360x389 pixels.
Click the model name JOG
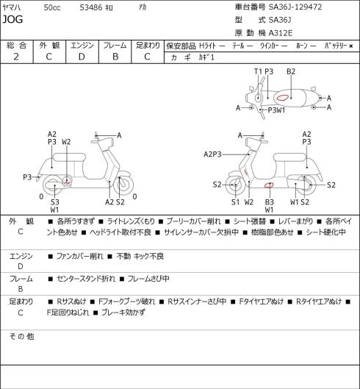(x=12, y=19)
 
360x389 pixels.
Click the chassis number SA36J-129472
(x=295, y=7)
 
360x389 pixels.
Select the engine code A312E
(x=281, y=33)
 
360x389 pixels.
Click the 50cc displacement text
(x=52, y=7)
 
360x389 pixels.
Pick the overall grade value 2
(x=16, y=57)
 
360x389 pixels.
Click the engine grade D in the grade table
(x=82, y=57)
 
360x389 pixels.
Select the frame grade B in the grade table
(x=115, y=57)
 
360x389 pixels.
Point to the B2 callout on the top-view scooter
(x=291, y=71)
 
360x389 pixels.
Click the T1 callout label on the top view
(x=258, y=71)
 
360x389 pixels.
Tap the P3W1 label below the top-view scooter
(x=276, y=110)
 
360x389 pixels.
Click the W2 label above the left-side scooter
(x=66, y=142)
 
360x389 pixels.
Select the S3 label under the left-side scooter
(x=55, y=202)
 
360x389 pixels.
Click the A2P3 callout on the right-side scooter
(x=212, y=154)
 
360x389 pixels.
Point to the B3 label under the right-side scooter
(x=269, y=202)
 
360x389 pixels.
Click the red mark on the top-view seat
(x=283, y=98)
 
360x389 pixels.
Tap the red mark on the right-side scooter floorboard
(x=269, y=185)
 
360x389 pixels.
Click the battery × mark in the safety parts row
(x=351, y=46)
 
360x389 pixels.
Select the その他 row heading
(x=21, y=337)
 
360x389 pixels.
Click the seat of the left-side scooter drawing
(x=69, y=157)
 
